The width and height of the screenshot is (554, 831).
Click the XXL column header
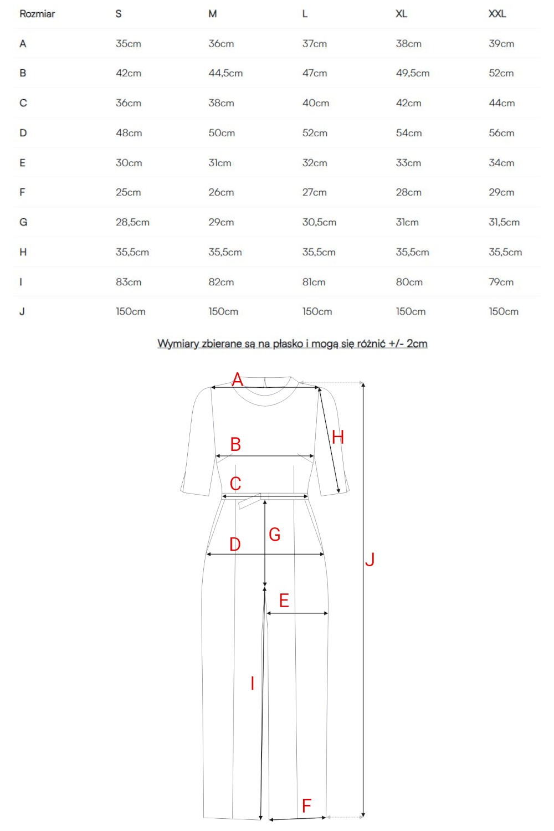tap(497, 14)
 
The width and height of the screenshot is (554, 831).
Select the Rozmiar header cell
tap(37, 14)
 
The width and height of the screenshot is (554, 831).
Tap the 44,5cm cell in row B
tap(225, 73)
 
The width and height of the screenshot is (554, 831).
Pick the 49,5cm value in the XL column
tap(412, 73)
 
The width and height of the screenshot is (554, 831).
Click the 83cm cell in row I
tap(129, 282)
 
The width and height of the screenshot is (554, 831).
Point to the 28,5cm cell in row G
tap(132, 222)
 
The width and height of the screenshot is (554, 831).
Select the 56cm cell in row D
tap(501, 133)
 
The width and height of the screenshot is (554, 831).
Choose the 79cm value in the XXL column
tap(501, 282)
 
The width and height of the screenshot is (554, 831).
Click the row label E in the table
tap(23, 163)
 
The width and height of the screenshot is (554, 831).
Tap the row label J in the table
tap(22, 311)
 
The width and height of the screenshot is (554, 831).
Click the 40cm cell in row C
tap(315, 103)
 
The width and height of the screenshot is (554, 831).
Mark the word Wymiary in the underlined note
tap(178, 343)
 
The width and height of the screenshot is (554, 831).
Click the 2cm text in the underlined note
tap(417, 343)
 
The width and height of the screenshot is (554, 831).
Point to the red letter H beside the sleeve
tap(338, 437)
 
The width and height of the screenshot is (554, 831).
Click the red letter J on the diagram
tap(370, 559)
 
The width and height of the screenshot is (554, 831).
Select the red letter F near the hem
tap(306, 806)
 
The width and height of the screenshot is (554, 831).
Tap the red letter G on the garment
tap(275, 534)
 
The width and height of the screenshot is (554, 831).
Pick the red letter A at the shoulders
tap(237, 379)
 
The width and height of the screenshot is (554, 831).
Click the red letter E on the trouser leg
tap(284, 600)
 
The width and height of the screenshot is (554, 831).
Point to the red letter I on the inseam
tap(252, 683)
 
